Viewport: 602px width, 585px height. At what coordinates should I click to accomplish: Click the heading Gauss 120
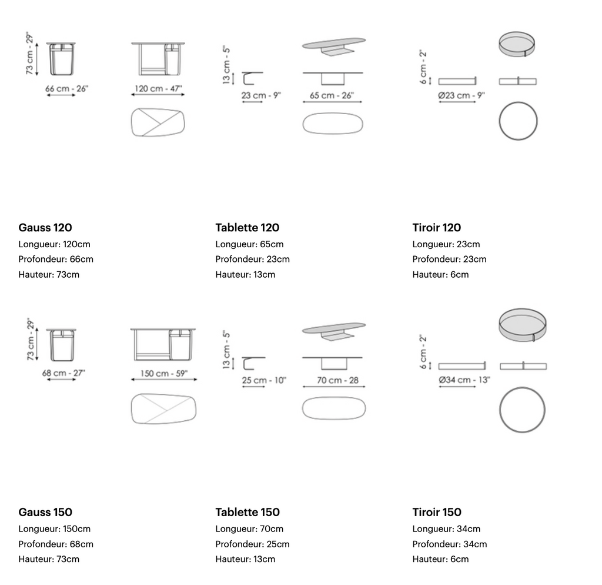click(45, 228)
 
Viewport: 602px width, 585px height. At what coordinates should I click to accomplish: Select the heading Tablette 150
click(248, 512)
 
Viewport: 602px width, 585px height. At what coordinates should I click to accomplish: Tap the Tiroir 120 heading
click(437, 228)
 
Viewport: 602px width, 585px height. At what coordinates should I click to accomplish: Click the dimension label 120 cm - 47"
click(158, 88)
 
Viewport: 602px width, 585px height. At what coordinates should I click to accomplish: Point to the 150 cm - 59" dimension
click(164, 373)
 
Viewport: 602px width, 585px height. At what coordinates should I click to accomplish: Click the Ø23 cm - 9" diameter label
click(461, 95)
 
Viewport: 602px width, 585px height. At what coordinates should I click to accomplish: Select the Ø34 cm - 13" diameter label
click(464, 380)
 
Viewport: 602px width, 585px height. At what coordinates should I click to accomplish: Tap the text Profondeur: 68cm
click(56, 544)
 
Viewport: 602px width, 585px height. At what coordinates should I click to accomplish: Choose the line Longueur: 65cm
click(249, 244)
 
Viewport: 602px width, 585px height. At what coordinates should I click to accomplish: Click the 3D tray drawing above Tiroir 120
click(517, 44)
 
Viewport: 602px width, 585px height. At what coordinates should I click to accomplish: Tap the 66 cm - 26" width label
click(67, 88)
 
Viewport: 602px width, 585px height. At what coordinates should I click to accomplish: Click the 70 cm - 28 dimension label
click(338, 380)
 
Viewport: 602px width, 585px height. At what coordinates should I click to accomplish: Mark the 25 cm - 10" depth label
click(264, 380)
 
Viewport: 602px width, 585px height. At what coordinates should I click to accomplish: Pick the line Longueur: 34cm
click(446, 529)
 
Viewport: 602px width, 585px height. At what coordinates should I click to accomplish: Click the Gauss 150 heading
click(45, 512)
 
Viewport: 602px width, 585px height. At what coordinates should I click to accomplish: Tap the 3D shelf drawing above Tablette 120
click(334, 46)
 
